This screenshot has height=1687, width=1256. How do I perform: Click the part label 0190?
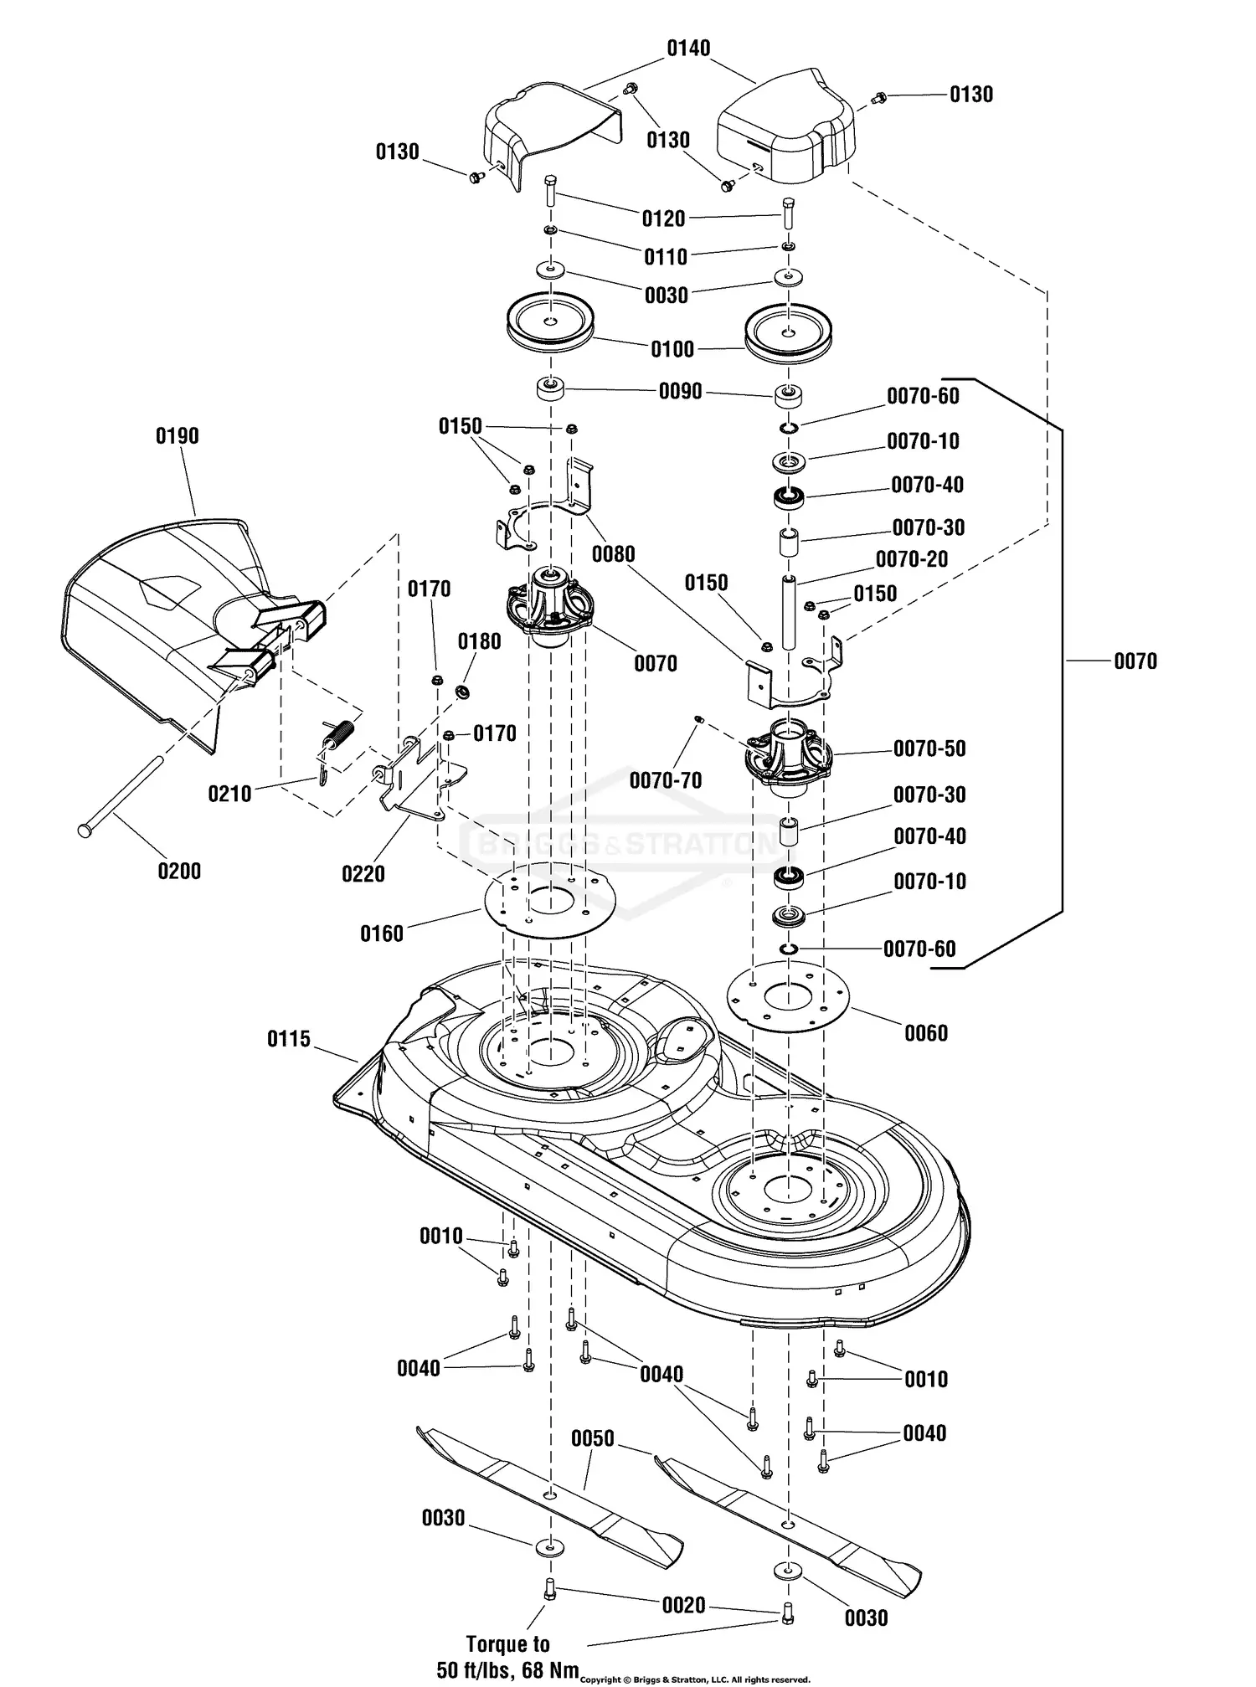tap(178, 436)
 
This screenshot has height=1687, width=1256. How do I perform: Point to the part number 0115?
tap(289, 1039)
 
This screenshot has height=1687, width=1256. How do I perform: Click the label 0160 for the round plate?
tap(382, 934)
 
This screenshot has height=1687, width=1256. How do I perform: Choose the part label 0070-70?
tap(666, 780)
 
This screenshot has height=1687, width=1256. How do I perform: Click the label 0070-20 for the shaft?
tap(912, 559)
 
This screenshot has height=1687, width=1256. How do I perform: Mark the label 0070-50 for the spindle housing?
tap(929, 748)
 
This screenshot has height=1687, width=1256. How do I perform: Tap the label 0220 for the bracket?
tap(363, 874)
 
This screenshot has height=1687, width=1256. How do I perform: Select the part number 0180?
tap(479, 641)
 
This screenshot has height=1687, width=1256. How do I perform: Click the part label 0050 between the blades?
tap(593, 1438)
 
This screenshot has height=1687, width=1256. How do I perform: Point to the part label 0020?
tap(684, 1605)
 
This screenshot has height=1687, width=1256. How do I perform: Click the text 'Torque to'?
tap(507, 1644)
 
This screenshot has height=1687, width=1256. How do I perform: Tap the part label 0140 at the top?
tap(688, 49)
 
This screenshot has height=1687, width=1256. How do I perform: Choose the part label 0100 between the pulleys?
tap(672, 349)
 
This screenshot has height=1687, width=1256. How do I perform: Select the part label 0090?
tap(680, 392)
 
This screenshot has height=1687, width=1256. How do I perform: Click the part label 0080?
tap(613, 554)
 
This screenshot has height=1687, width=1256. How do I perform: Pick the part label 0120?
tap(664, 219)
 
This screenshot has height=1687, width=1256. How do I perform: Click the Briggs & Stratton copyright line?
tap(695, 1679)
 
